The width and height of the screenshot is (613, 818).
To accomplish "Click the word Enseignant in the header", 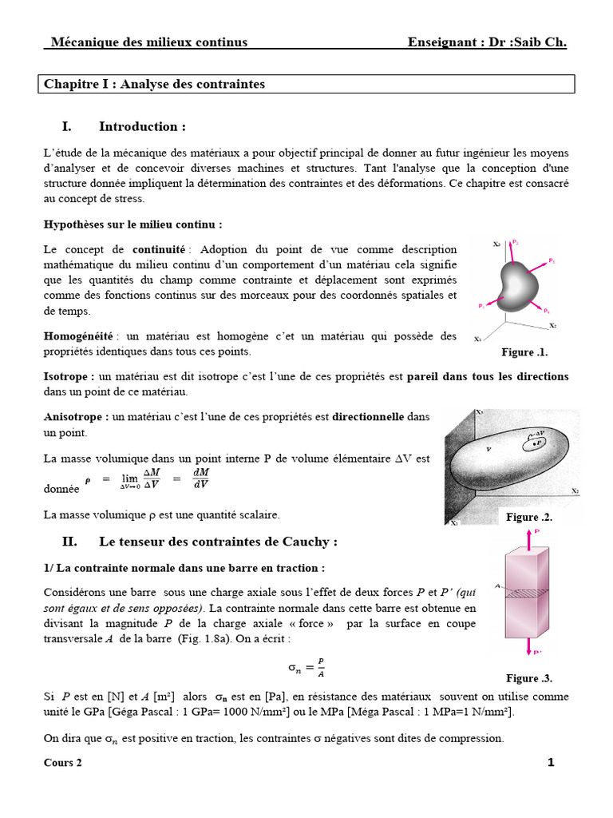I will pos(441,42).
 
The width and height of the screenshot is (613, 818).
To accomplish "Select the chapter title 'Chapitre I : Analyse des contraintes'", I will pos(154,84).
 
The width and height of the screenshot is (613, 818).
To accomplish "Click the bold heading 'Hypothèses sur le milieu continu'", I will pos(132,224).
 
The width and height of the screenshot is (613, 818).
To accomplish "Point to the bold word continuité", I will pos(159,250).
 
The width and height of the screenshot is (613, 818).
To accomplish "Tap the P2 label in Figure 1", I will pos(516,241).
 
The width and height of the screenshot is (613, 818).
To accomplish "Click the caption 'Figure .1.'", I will pos(524,351).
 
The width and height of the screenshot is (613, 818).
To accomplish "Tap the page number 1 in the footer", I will pos(551,762).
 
